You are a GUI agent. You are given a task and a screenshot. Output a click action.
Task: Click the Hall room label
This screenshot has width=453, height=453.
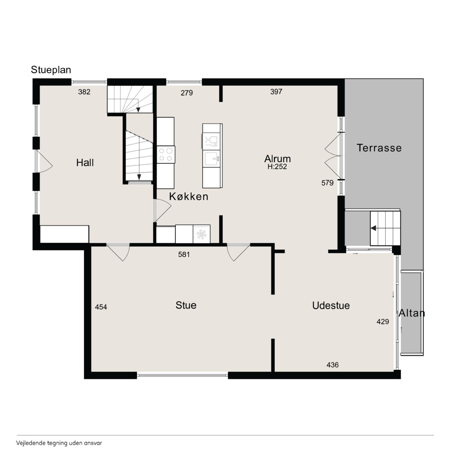tap(85, 163)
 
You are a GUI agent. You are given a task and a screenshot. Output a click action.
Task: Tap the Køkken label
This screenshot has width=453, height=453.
tap(189, 196)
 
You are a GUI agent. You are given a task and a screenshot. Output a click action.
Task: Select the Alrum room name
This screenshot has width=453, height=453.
tap(277, 159)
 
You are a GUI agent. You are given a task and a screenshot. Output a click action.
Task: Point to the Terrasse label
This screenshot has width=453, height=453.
tap(379, 148)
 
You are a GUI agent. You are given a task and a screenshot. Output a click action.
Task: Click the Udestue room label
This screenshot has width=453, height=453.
tap(331, 306)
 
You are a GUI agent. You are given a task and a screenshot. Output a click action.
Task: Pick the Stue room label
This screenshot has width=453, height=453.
tap(186, 305)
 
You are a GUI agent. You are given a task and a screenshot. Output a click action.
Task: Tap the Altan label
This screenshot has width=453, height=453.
tap(412, 313)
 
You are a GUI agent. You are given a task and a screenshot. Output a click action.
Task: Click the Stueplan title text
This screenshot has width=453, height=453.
tap(51, 70)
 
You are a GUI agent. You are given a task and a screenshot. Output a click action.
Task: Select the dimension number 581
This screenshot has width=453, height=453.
tap(184, 254)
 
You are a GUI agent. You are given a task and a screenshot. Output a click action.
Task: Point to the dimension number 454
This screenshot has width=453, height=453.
tap(101, 307)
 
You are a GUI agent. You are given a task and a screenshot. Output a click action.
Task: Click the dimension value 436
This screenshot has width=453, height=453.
tap(333, 365)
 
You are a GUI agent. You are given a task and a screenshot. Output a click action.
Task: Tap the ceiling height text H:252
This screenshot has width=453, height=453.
tap(277, 167)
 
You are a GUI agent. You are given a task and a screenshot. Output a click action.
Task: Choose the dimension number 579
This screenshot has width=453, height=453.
tap(327, 183)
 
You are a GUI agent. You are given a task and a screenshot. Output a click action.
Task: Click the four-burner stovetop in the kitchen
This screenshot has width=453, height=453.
tap(166, 154)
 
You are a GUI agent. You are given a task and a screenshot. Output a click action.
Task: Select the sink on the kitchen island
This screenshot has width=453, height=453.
tap(212, 159)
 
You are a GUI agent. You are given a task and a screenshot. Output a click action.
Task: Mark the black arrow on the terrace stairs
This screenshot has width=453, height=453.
tap(373, 228)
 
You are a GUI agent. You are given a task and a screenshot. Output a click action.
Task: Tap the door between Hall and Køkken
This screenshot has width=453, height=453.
tap(162, 210)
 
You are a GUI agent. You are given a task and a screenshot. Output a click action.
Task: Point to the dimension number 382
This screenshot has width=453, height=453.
tap(84, 92)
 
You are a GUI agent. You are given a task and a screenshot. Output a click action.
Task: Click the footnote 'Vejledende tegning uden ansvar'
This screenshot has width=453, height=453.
tap(59, 443)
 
